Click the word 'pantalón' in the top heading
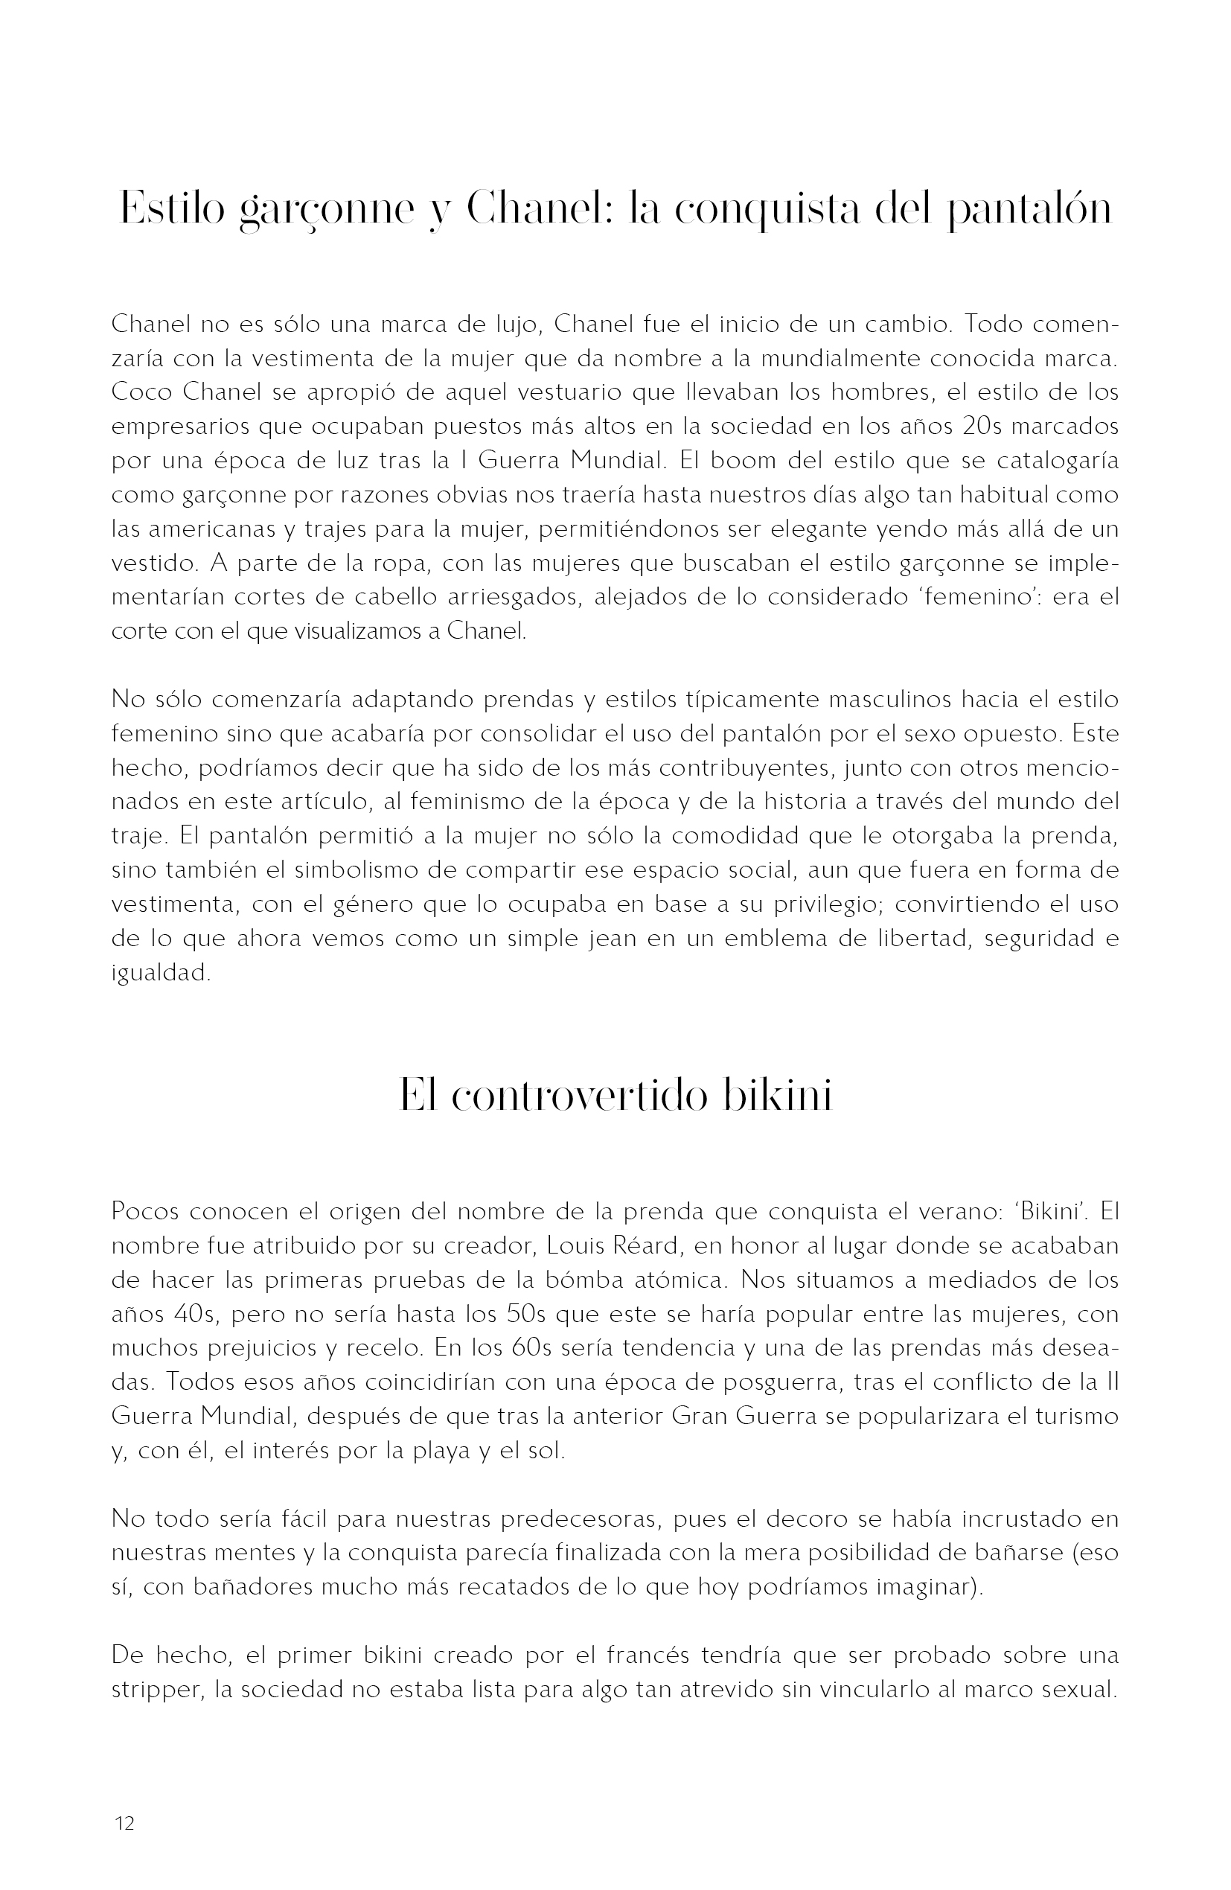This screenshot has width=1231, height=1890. click(x=1030, y=210)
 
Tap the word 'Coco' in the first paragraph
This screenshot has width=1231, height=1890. click(x=137, y=392)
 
